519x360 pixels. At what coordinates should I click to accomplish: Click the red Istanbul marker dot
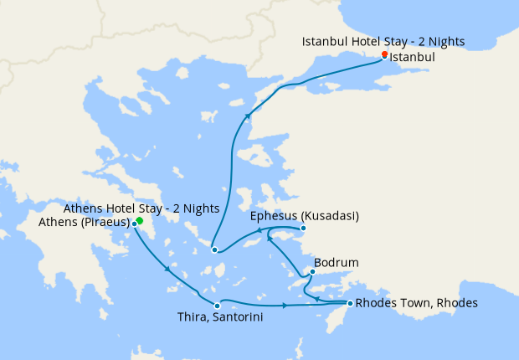pos(384,54)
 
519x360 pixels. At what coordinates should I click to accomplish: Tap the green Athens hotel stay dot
pos(140,221)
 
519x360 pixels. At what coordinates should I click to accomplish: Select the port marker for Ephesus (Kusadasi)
pos(303,229)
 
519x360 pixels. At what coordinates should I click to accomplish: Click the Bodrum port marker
pos(312,271)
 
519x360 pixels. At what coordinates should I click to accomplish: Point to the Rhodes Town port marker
pos(349,303)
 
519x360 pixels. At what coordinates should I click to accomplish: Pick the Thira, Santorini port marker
pos(217,305)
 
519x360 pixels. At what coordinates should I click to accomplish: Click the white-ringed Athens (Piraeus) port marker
pos(134,224)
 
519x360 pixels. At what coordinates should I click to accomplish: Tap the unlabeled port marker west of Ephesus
pos(214,249)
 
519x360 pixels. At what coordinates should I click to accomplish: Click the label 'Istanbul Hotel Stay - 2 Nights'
pos(383,41)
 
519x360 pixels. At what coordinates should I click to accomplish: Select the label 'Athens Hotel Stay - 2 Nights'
pos(142,208)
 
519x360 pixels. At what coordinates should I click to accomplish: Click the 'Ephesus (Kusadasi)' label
pos(305,216)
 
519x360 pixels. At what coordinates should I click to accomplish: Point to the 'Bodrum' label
pos(336,262)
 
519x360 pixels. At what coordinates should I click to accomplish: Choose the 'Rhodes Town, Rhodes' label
pos(416,303)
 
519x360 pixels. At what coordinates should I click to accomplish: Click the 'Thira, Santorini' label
pos(214,317)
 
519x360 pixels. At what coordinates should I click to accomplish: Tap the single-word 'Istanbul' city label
pos(413,59)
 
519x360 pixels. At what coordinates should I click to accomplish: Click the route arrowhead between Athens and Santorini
pos(170,270)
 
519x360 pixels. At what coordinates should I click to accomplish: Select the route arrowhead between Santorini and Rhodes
pos(285,306)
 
